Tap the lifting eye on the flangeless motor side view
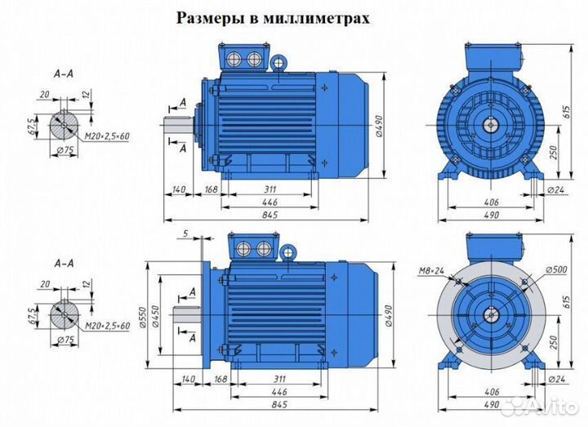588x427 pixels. pos(278,61)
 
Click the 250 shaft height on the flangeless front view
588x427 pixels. pos(555,153)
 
